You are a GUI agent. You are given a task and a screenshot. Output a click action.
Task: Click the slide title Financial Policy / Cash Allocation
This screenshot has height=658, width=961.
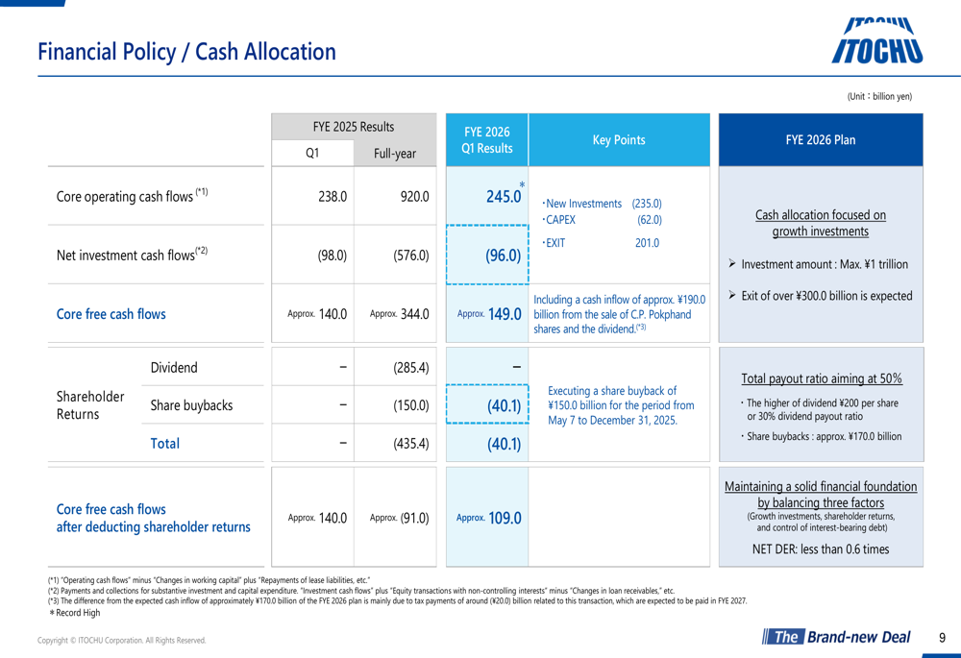click(x=186, y=52)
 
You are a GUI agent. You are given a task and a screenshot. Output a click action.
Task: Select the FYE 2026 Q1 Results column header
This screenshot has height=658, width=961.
click(x=487, y=140)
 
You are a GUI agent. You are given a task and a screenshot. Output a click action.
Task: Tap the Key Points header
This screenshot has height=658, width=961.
click(x=618, y=140)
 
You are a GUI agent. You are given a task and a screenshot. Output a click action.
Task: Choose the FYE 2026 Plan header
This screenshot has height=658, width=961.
click(x=821, y=140)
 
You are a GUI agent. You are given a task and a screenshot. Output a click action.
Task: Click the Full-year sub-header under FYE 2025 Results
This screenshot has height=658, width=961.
click(x=394, y=154)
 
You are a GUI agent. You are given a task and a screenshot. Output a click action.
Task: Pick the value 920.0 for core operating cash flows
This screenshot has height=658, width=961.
click(x=414, y=196)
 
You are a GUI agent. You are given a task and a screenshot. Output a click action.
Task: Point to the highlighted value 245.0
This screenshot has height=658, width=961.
click(x=504, y=197)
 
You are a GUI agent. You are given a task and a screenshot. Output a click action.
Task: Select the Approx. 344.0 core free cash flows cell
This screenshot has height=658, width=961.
click(x=399, y=313)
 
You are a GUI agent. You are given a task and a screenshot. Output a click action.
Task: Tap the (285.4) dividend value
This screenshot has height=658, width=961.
click(x=410, y=367)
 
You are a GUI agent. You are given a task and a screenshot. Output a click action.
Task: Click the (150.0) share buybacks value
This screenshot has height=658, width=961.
click(x=410, y=405)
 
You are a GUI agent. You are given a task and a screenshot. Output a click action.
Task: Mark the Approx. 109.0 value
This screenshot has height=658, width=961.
click(x=489, y=517)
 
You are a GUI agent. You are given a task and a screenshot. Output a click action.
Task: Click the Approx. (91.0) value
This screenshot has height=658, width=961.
click(x=399, y=517)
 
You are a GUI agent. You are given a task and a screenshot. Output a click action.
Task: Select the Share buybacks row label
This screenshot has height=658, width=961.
click(x=191, y=405)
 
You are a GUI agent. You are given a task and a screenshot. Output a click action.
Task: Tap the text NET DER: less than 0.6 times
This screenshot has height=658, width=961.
click(x=820, y=548)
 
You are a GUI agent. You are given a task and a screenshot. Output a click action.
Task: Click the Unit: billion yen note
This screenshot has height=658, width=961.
click(x=878, y=96)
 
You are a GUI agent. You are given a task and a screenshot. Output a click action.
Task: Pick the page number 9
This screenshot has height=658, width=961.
click(x=942, y=637)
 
